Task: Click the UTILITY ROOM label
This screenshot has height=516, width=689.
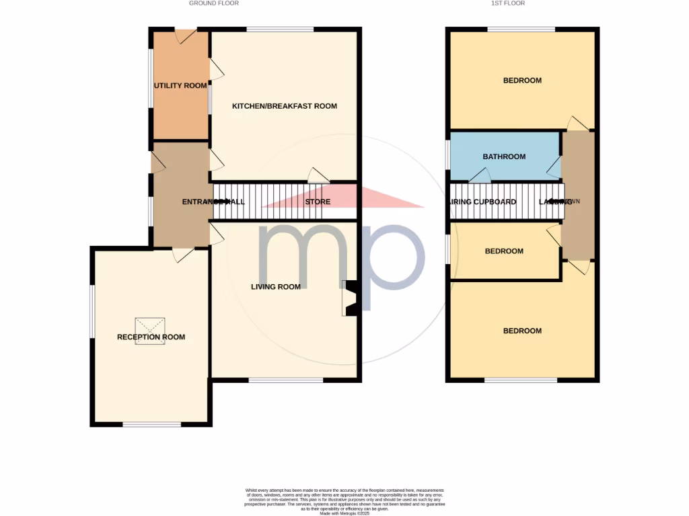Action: click(x=180, y=85)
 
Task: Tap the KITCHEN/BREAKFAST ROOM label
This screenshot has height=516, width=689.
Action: click(x=284, y=106)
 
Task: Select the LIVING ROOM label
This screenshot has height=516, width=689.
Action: click(x=275, y=287)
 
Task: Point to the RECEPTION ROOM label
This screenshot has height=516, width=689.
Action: click(x=151, y=337)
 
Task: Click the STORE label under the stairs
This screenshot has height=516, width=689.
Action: click(x=318, y=202)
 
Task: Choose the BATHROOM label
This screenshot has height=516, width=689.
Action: click(x=504, y=157)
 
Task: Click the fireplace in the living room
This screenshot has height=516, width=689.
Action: click(x=350, y=298)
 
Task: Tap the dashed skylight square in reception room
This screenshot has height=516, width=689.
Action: click(x=151, y=331)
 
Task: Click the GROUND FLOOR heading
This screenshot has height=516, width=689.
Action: click(x=214, y=3)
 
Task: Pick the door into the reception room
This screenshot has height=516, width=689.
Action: click(x=182, y=255)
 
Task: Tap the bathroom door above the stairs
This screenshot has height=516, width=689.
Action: click(x=479, y=175)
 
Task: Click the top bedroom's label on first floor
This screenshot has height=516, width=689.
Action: click(x=522, y=81)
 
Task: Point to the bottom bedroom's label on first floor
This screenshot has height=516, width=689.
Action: click(x=522, y=331)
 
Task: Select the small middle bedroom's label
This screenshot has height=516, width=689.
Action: click(x=504, y=251)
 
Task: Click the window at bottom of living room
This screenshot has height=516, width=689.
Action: click(x=285, y=380)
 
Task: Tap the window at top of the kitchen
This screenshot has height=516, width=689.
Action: click(x=279, y=29)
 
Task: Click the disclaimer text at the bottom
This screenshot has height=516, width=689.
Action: click(x=344, y=501)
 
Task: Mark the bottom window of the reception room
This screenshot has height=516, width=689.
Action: click(x=151, y=424)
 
